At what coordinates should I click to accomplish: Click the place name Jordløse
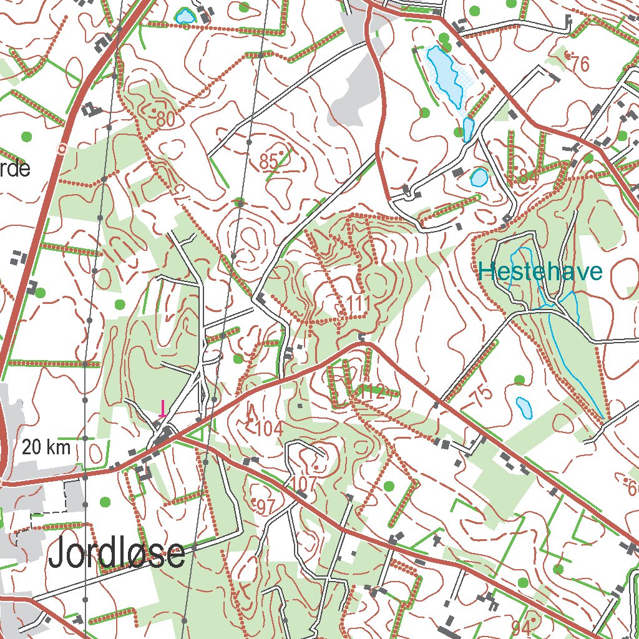[117, 554]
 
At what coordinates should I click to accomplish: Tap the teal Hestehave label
[540, 272]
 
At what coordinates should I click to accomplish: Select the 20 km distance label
[46, 447]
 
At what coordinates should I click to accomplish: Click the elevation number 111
[358, 305]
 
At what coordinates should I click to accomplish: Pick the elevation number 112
[372, 392]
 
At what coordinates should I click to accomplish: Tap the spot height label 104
[269, 429]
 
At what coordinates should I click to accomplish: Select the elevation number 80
[165, 120]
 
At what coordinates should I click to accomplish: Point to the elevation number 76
[580, 64]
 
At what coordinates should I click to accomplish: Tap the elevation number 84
[527, 177]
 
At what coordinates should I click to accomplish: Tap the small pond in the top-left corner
[185, 16]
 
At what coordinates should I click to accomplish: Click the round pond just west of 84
[479, 178]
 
